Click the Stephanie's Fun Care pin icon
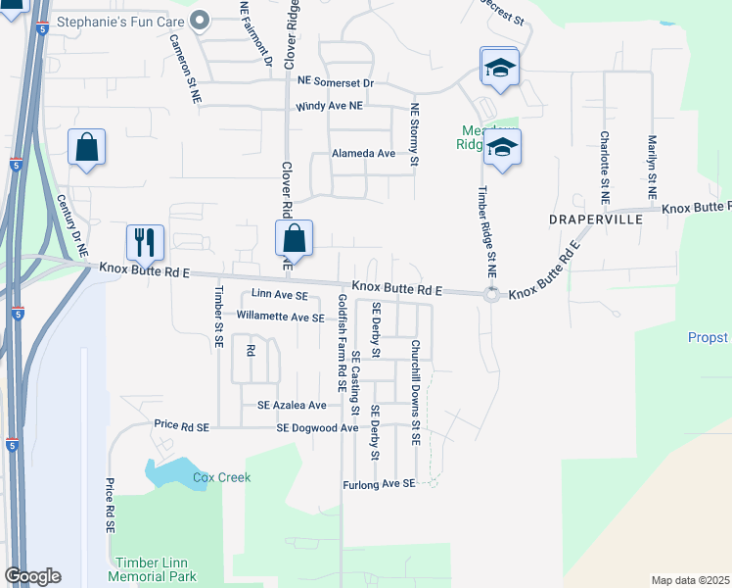(x=201, y=19)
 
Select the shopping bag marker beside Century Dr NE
(x=86, y=148)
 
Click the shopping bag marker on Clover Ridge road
(x=294, y=237)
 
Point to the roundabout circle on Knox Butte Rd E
(x=491, y=295)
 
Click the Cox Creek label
(x=221, y=477)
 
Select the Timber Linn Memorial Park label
(x=157, y=568)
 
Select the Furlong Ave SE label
(x=379, y=484)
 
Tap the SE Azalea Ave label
(x=292, y=405)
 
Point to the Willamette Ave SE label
(x=281, y=318)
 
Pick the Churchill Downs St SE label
(x=416, y=393)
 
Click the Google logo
(x=32, y=576)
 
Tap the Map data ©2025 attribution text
(x=689, y=580)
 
